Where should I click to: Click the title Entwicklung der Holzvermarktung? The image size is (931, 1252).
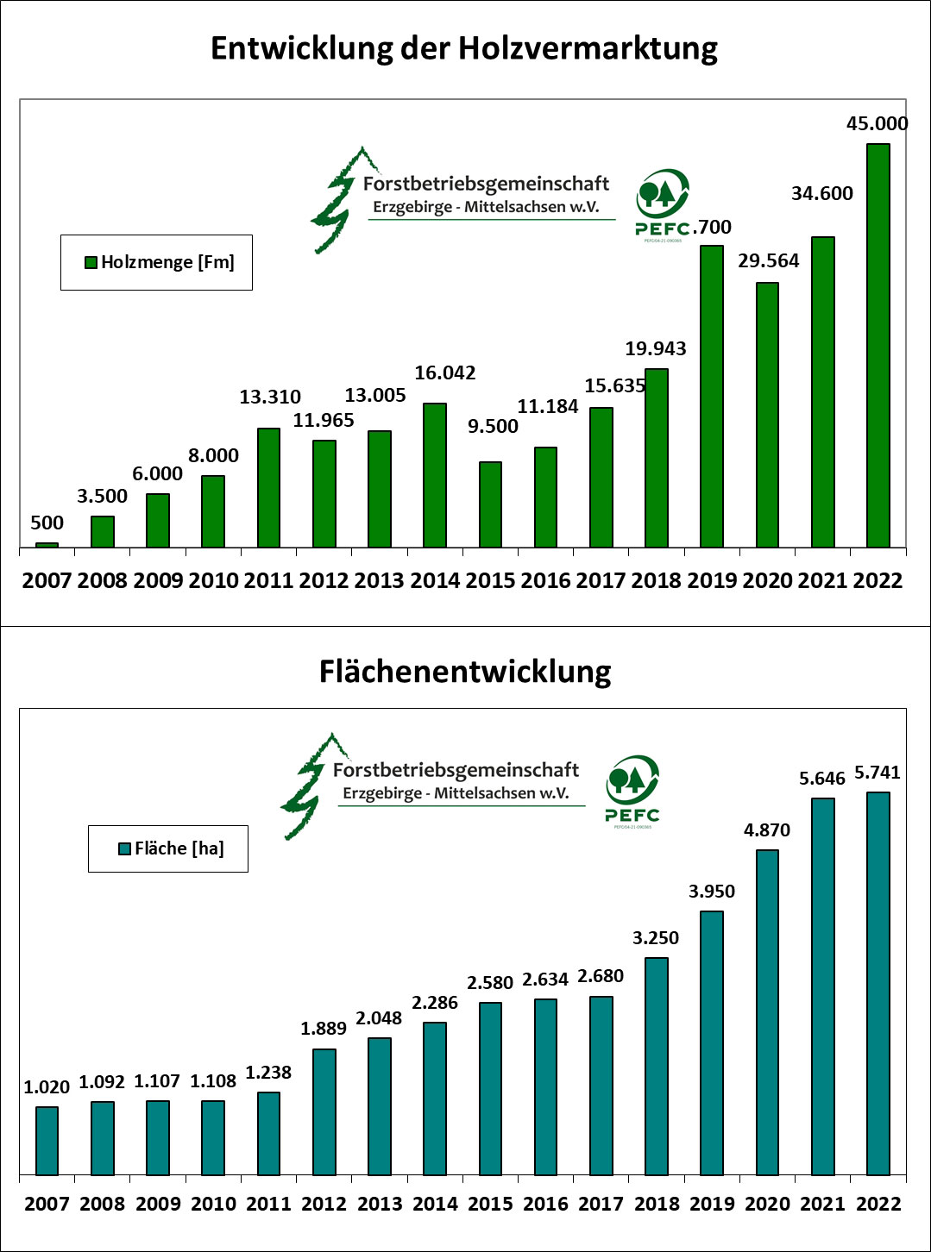[x=464, y=48]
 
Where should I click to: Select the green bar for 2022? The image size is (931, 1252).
[x=878, y=345]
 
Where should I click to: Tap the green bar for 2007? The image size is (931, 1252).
[x=47, y=545]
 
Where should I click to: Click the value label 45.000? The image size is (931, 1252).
[x=877, y=124]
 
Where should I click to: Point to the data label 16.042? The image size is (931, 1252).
[x=445, y=372]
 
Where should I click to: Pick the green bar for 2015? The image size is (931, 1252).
[x=490, y=504]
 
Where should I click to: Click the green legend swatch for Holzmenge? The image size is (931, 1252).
[x=91, y=263]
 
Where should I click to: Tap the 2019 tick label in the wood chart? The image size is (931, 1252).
[x=712, y=580]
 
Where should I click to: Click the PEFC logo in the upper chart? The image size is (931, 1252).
[x=663, y=203]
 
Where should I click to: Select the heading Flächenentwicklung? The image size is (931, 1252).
[x=465, y=671]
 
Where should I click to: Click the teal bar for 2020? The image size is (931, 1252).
[x=767, y=1012]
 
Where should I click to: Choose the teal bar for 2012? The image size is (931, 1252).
[x=324, y=1111]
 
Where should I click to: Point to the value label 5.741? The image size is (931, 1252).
[x=878, y=773]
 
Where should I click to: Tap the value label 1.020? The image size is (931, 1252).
[x=47, y=1087]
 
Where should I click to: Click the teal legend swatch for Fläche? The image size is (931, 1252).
[x=124, y=849]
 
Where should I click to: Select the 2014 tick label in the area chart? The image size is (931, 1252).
[x=435, y=1204]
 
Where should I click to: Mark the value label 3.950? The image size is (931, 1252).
[x=712, y=892]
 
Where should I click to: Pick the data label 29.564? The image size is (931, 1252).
[x=768, y=260]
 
